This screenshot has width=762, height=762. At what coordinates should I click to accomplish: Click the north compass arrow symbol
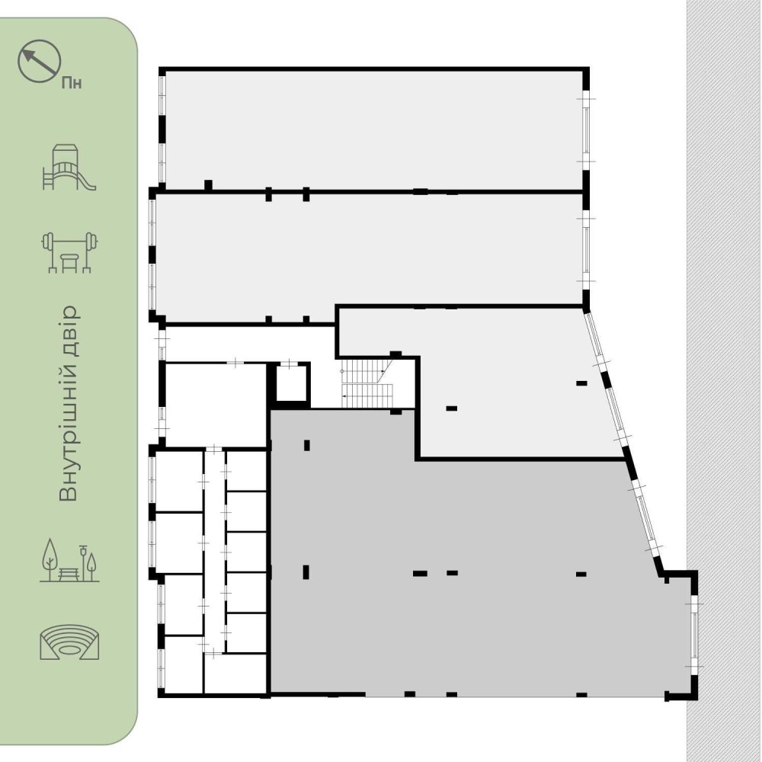point(40,61)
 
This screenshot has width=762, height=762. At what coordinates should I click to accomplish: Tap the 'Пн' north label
point(72,83)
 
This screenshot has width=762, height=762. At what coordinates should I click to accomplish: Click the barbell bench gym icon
point(69,252)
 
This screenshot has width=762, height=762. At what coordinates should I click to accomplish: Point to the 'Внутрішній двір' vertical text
point(69,403)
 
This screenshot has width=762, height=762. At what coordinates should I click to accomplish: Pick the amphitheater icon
point(69,642)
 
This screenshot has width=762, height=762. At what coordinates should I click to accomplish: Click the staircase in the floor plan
point(367,383)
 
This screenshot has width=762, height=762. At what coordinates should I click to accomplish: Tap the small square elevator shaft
point(291,383)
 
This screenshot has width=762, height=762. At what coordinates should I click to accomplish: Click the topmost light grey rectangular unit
point(374,130)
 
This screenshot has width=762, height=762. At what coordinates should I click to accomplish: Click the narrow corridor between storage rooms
point(214,552)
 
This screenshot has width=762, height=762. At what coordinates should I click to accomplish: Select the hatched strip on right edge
point(724,381)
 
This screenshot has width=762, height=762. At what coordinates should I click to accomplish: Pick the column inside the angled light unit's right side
point(581,383)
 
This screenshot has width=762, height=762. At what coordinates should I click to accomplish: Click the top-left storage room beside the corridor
point(179,481)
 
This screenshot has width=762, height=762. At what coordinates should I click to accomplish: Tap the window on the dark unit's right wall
point(695,635)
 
